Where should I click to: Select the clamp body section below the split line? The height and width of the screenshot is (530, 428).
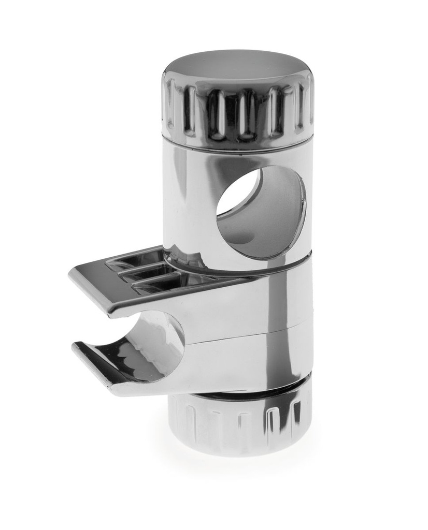249,362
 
